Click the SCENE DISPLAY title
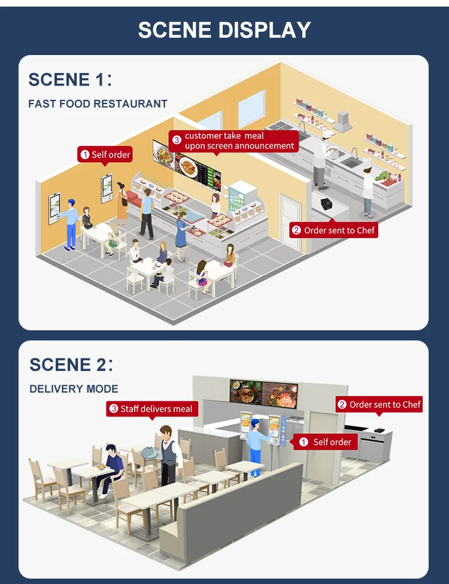[x=224, y=29]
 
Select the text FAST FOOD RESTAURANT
[x=98, y=104]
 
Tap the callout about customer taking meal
[x=233, y=141]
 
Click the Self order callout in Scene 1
[x=105, y=155]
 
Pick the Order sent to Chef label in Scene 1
[x=334, y=230]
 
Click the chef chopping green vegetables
[x=367, y=185]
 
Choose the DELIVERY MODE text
[x=74, y=389]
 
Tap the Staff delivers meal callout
[x=151, y=409]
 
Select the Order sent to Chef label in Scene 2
[x=379, y=405]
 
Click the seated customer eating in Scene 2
[x=110, y=467]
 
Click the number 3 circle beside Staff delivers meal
[x=114, y=409]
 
